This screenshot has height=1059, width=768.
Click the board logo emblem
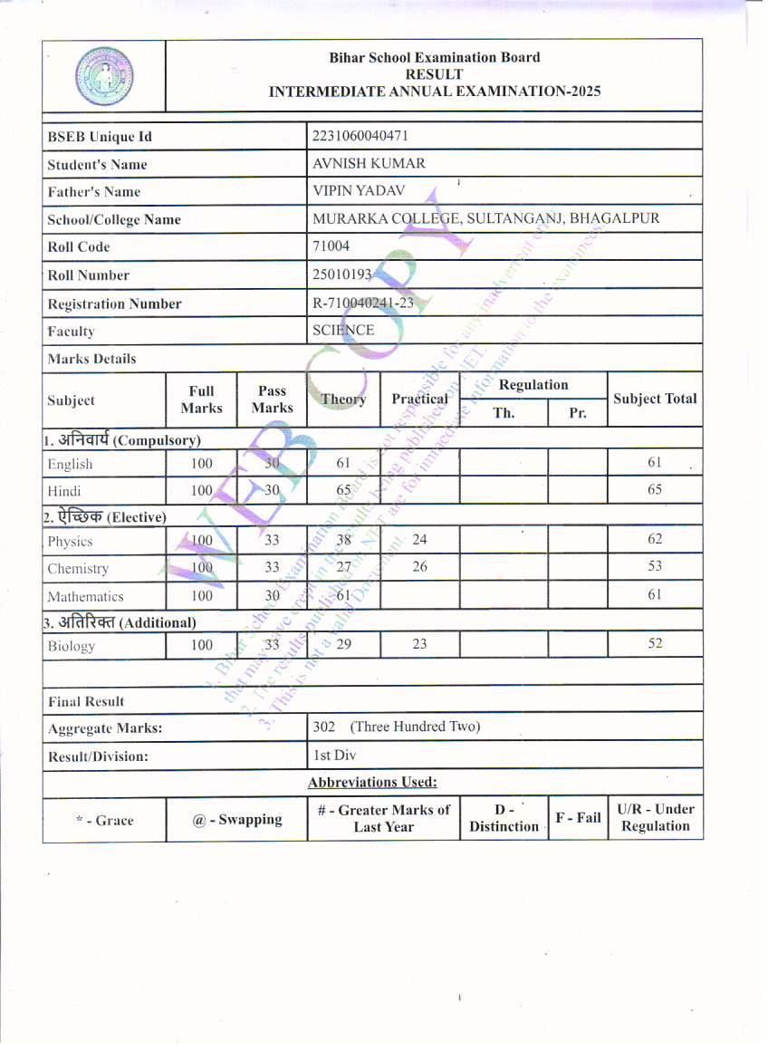tap(103, 75)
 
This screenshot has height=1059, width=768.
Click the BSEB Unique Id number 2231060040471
tap(360, 136)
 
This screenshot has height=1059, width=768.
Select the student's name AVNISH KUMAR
tap(369, 164)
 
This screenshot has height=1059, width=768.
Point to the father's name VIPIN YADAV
tap(359, 191)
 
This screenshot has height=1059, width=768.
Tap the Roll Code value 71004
tap(331, 246)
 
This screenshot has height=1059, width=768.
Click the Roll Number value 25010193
tap(342, 274)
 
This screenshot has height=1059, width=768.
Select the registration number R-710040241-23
tap(362, 303)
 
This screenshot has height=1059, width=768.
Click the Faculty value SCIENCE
tap(343, 331)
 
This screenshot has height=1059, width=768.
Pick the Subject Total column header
tap(655, 399)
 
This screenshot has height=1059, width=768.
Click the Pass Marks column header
tap(272, 400)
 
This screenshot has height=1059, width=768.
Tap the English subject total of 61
tap(655, 463)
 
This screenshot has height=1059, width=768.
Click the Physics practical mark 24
tap(419, 540)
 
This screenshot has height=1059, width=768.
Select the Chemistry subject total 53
tap(655, 567)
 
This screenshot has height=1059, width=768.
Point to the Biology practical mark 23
tap(419, 645)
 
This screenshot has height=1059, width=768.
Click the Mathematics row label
tap(85, 597)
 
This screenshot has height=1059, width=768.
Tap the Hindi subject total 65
tap(655, 490)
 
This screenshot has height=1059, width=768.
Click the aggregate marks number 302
tap(323, 727)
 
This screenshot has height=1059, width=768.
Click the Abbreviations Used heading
tap(372, 782)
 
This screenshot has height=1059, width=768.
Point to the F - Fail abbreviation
tap(578, 818)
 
